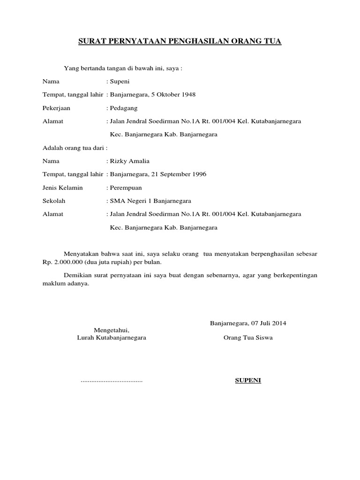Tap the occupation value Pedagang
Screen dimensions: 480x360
[x=123, y=108]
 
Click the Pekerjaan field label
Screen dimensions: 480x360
[x=56, y=108]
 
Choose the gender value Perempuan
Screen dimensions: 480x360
[x=125, y=188]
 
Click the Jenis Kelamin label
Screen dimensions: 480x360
[x=62, y=188]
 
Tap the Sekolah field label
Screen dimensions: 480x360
[x=54, y=201]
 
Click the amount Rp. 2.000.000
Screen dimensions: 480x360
[x=62, y=262]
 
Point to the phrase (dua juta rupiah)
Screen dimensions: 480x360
[x=108, y=262]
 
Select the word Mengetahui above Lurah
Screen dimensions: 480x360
[x=111, y=330]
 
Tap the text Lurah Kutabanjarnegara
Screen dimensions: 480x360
[x=111, y=337]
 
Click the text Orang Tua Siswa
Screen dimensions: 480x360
[x=248, y=337]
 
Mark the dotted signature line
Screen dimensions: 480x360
[x=112, y=381]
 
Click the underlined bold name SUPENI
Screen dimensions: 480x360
[x=248, y=380]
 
